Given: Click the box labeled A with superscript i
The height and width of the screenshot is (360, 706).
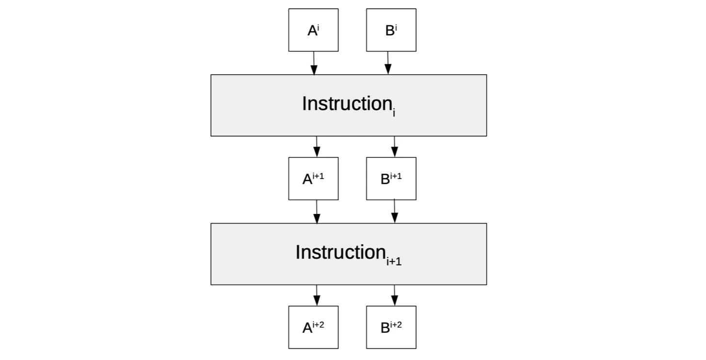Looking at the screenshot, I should pos(313,30).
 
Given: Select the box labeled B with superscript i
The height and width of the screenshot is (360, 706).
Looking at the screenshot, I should pos(391,30).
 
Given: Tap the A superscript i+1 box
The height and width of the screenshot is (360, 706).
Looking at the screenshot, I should pos(313,179).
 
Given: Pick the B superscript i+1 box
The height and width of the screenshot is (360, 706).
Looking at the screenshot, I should pos(391,179).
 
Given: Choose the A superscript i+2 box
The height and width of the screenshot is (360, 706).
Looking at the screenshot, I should pos(313,327).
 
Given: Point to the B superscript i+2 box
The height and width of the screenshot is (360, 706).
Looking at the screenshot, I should pos(391,327).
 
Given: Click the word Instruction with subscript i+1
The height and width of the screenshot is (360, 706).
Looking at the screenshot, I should pos(340,252).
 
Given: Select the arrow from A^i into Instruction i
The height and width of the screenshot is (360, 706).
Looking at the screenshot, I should pos(314,63).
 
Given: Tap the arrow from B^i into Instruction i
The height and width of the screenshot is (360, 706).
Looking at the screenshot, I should pos(387,63).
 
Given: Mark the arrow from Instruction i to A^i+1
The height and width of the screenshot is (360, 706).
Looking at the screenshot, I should pos(317,147).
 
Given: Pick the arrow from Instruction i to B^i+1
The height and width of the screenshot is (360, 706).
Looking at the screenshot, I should pos(394,147).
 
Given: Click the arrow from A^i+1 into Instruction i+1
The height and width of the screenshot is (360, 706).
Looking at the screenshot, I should pos(317,212).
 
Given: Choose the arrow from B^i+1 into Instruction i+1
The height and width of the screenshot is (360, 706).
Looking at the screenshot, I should pos(394,212).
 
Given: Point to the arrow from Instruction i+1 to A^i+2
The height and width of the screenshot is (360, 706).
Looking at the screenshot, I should pos(317,295).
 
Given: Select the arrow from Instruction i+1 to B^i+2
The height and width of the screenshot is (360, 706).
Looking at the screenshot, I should pos(394,295).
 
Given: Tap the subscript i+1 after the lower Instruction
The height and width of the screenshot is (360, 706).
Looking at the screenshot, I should pos(394,262).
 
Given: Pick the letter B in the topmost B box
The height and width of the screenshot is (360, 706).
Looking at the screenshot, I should pos(389,31).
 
